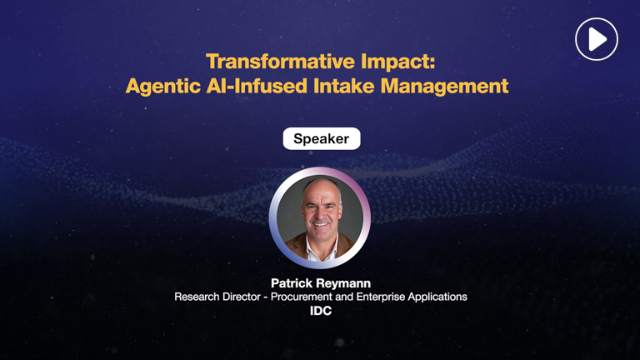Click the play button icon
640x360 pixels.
(596, 38)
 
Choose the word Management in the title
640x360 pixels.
(454, 86)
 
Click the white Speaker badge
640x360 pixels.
(321, 139)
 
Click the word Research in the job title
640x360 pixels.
(199, 297)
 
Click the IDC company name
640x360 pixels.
(320, 312)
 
